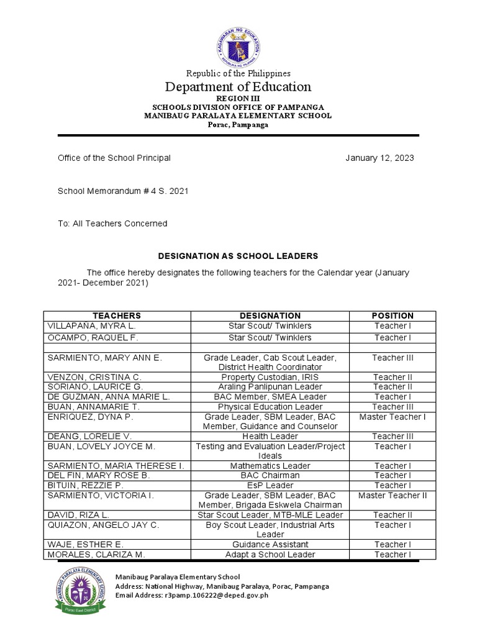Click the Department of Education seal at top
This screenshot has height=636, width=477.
point(237,39)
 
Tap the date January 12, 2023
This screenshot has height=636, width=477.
point(379,158)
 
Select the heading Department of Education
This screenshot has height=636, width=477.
point(238,87)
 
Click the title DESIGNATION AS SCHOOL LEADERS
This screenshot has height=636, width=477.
point(238,256)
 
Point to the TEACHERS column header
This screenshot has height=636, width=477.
point(117,316)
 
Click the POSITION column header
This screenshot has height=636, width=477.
point(393,316)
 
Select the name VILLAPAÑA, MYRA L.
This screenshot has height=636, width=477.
point(91,326)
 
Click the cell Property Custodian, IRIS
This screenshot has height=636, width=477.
point(270,377)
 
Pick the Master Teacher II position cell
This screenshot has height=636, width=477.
point(393,496)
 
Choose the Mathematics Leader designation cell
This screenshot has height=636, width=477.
point(270,466)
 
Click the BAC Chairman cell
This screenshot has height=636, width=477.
point(270,476)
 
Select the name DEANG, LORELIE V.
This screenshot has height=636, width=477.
point(88,437)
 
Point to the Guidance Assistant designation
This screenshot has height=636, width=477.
point(270,545)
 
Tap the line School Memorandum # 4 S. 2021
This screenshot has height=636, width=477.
point(123,191)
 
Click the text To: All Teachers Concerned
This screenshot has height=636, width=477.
point(112,224)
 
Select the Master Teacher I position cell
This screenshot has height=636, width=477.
point(393,417)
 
